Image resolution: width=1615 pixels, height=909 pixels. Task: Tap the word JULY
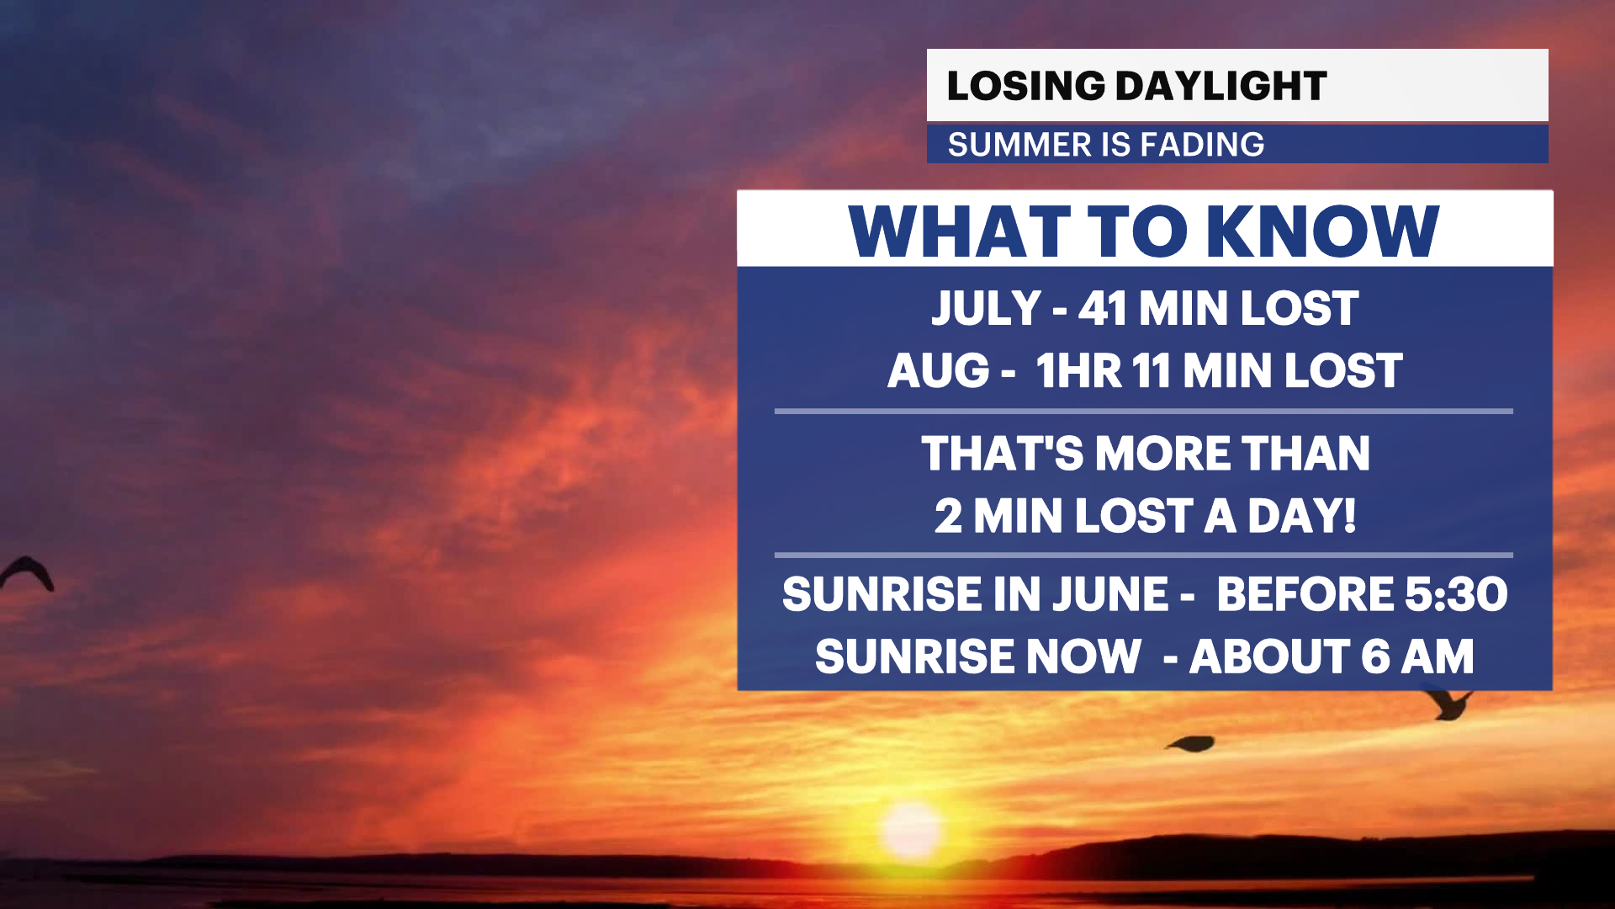point(986,308)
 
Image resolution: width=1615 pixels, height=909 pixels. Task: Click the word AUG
point(938,371)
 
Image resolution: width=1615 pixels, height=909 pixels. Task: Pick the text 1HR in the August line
point(1078,371)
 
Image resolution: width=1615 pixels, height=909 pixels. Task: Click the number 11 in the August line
point(1151,371)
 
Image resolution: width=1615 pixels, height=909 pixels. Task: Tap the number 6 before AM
point(1375,656)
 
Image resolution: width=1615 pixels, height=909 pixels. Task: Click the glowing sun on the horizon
point(911,829)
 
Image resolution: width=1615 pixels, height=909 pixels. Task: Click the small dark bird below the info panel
point(1191,743)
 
